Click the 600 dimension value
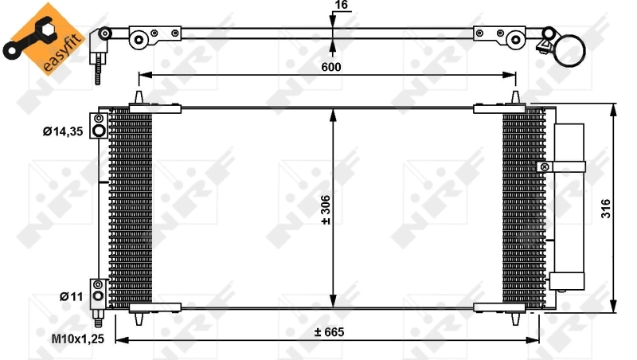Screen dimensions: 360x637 pyautogui.click(x=331, y=67)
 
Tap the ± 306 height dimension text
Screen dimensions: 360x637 pyautogui.click(x=326, y=209)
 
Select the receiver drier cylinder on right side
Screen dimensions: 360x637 pyautogui.click(x=569, y=207)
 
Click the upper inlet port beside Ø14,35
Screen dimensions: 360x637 pyautogui.click(x=99, y=131)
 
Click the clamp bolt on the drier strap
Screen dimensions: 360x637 pyautogui.click(x=544, y=166)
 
